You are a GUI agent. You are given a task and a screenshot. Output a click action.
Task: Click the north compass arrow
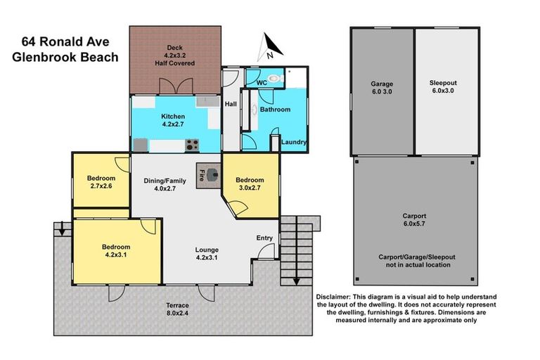(x=271, y=47)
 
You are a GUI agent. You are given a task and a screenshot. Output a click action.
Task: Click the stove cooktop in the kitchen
(x=191, y=145)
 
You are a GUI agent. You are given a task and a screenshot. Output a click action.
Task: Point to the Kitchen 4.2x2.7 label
(x=173, y=120)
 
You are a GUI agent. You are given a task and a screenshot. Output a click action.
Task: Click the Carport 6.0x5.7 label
(x=413, y=219)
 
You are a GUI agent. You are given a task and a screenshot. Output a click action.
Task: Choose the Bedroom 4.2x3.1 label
(x=116, y=251)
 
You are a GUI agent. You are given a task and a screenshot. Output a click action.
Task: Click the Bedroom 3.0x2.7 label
(x=249, y=184)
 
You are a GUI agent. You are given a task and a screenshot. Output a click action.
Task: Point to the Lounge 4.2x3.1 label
(x=207, y=254)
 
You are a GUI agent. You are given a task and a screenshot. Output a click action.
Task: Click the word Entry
(x=264, y=238)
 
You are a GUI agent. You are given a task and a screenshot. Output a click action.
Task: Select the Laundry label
(x=293, y=142)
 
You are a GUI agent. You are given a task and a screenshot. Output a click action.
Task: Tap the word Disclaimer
(x=337, y=297)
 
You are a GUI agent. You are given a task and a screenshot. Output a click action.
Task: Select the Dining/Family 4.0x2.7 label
(x=165, y=185)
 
